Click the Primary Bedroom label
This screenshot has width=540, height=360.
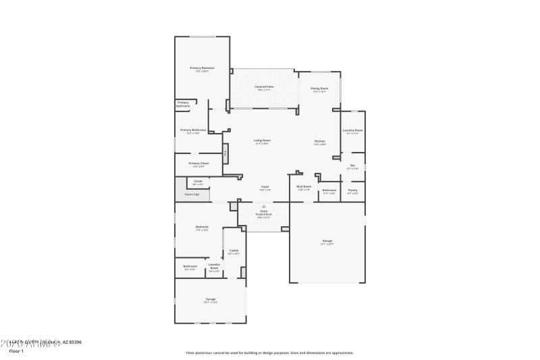[198, 68]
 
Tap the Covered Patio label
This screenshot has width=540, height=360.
[264, 87]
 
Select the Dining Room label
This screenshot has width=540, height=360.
[319, 88]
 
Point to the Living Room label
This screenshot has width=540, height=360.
[262, 141]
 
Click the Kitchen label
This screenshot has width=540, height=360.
[319, 141]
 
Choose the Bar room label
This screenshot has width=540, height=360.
[352, 166]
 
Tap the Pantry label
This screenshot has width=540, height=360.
[352, 190]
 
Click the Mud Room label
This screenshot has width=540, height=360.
[304, 187]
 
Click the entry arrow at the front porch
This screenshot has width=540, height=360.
[264, 206]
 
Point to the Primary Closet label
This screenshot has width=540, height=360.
[198, 164]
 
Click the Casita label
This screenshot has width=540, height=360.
[234, 251]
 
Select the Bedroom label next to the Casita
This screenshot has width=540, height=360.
[202, 228]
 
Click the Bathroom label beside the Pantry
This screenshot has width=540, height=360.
[329, 190]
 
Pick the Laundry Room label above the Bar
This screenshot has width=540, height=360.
[352, 131]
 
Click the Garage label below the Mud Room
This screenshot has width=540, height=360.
[327, 242]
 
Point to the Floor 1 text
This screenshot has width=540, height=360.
[16, 351]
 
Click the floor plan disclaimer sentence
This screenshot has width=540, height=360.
[269, 353]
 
